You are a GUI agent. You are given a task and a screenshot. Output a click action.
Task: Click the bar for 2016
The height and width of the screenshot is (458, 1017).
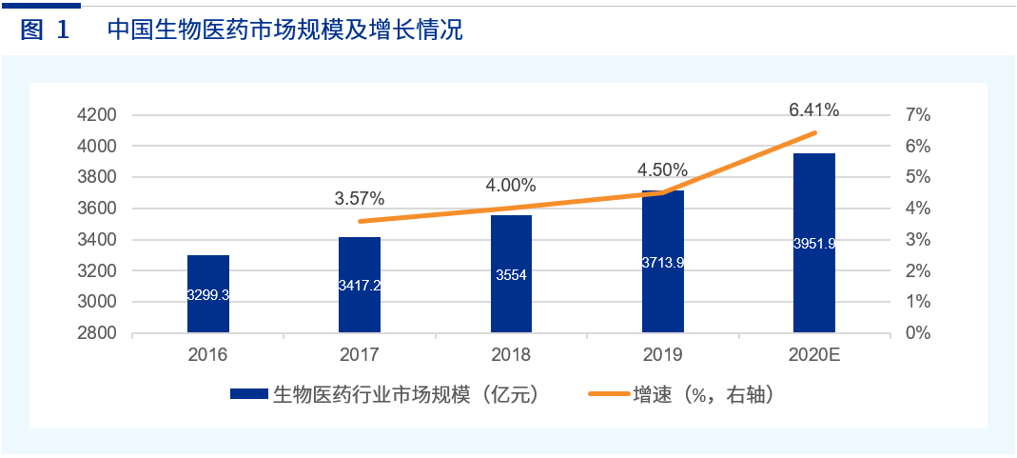[x=208, y=294]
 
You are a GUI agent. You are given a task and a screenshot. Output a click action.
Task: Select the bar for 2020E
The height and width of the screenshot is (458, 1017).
[x=813, y=243]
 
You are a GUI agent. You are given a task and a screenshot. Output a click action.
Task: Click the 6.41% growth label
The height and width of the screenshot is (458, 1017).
[x=813, y=110]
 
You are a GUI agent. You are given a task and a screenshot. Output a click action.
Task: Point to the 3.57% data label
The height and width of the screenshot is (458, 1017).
[x=359, y=199]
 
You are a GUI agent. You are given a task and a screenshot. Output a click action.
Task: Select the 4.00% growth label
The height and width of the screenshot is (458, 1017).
[x=511, y=185]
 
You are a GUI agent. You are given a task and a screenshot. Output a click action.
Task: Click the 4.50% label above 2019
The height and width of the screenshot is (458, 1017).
[x=662, y=169]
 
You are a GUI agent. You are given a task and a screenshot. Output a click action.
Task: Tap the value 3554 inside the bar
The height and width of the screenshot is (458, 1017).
[x=511, y=275]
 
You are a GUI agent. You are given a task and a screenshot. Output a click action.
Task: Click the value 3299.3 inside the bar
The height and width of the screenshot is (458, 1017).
[x=208, y=295]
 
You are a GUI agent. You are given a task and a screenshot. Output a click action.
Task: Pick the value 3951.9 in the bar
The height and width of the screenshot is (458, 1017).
[x=813, y=244]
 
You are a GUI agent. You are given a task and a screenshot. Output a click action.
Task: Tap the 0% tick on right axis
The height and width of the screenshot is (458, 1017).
[x=918, y=333]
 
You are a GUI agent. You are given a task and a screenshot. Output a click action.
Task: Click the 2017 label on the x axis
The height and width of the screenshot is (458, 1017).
[x=359, y=356]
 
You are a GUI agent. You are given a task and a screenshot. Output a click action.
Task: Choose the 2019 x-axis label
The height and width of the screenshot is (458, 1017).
[x=662, y=356]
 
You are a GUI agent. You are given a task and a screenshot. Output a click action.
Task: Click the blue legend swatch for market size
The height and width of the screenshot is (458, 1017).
[x=249, y=394]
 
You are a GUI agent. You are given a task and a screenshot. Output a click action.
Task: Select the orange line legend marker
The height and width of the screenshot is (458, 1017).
[x=608, y=394]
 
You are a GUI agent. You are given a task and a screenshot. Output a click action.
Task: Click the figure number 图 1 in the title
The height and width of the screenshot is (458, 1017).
[x=45, y=30]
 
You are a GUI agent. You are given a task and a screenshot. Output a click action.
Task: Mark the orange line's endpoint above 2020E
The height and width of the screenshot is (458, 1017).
[x=815, y=132]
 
